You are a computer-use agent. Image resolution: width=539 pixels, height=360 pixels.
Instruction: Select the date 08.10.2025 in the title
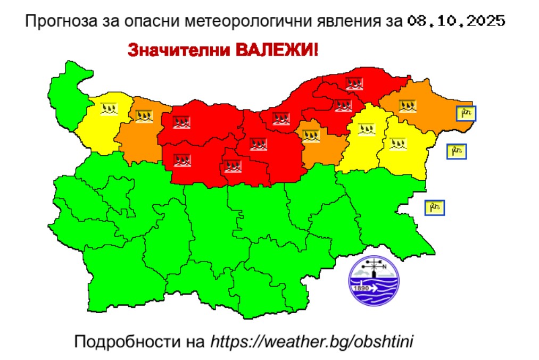click(x=456, y=22)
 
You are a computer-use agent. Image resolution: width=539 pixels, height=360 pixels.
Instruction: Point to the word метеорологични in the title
click(x=244, y=22)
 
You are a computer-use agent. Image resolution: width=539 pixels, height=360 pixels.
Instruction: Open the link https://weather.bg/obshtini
click(x=312, y=341)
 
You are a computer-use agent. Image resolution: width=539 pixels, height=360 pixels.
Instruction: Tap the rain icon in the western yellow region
click(x=109, y=109)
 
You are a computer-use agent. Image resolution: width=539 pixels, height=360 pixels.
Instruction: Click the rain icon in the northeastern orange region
click(x=408, y=106)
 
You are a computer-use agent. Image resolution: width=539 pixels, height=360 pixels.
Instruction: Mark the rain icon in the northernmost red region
click(x=354, y=83)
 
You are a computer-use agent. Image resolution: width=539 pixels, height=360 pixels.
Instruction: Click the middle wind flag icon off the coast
click(x=456, y=152)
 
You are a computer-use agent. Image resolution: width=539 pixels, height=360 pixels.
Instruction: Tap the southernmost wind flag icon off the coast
click(x=434, y=207)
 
